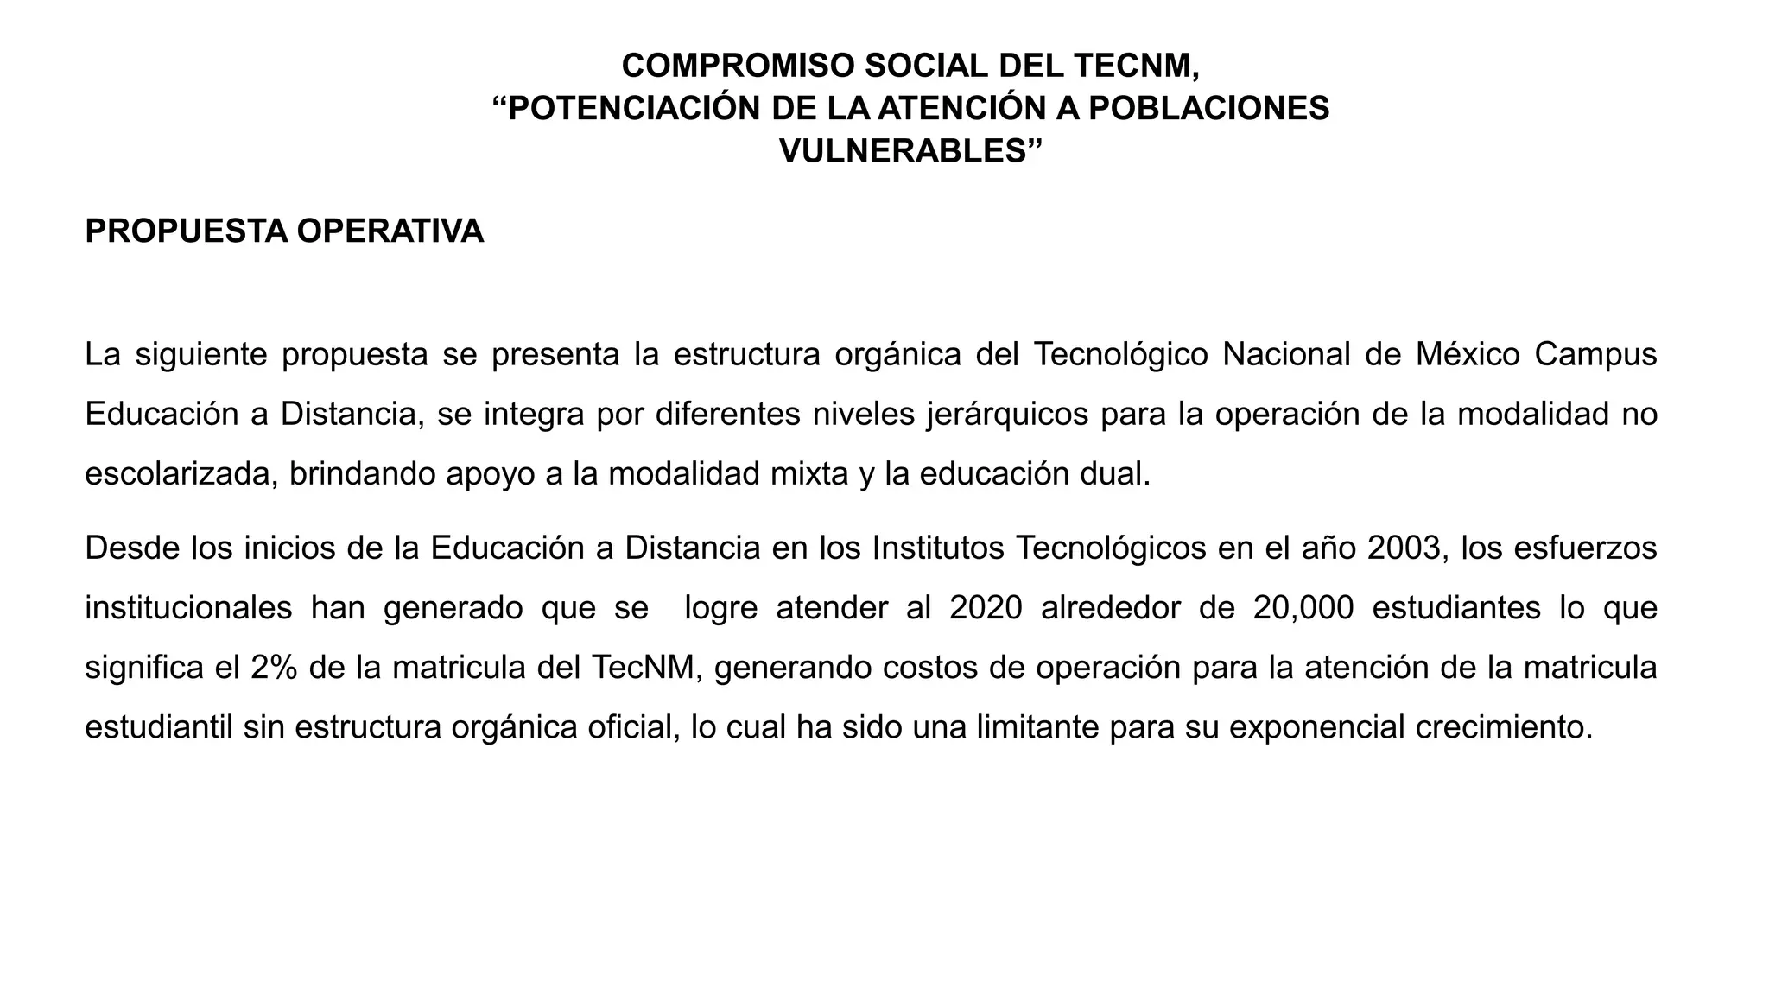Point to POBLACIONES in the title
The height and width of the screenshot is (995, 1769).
(x=1208, y=108)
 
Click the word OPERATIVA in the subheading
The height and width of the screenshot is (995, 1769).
(x=390, y=231)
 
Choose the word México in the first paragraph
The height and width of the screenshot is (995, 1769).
(x=1468, y=354)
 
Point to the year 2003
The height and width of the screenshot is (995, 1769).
(x=1404, y=548)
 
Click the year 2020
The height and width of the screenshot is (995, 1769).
(x=985, y=607)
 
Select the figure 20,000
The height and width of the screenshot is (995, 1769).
(x=1303, y=607)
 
